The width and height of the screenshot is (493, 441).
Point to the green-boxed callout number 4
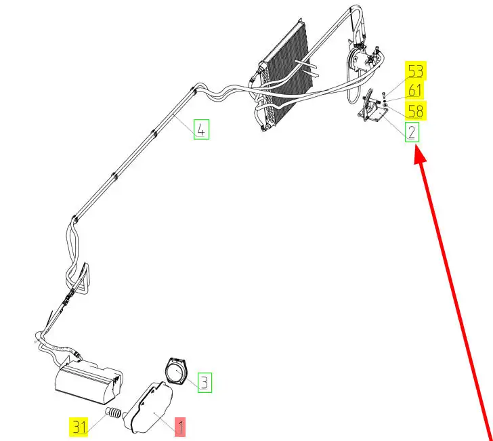coord(201,129)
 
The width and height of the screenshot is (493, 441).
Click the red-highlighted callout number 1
coord(180,426)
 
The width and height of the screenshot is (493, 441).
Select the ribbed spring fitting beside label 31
coord(113,413)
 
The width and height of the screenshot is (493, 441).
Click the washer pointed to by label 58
coord(385,105)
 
